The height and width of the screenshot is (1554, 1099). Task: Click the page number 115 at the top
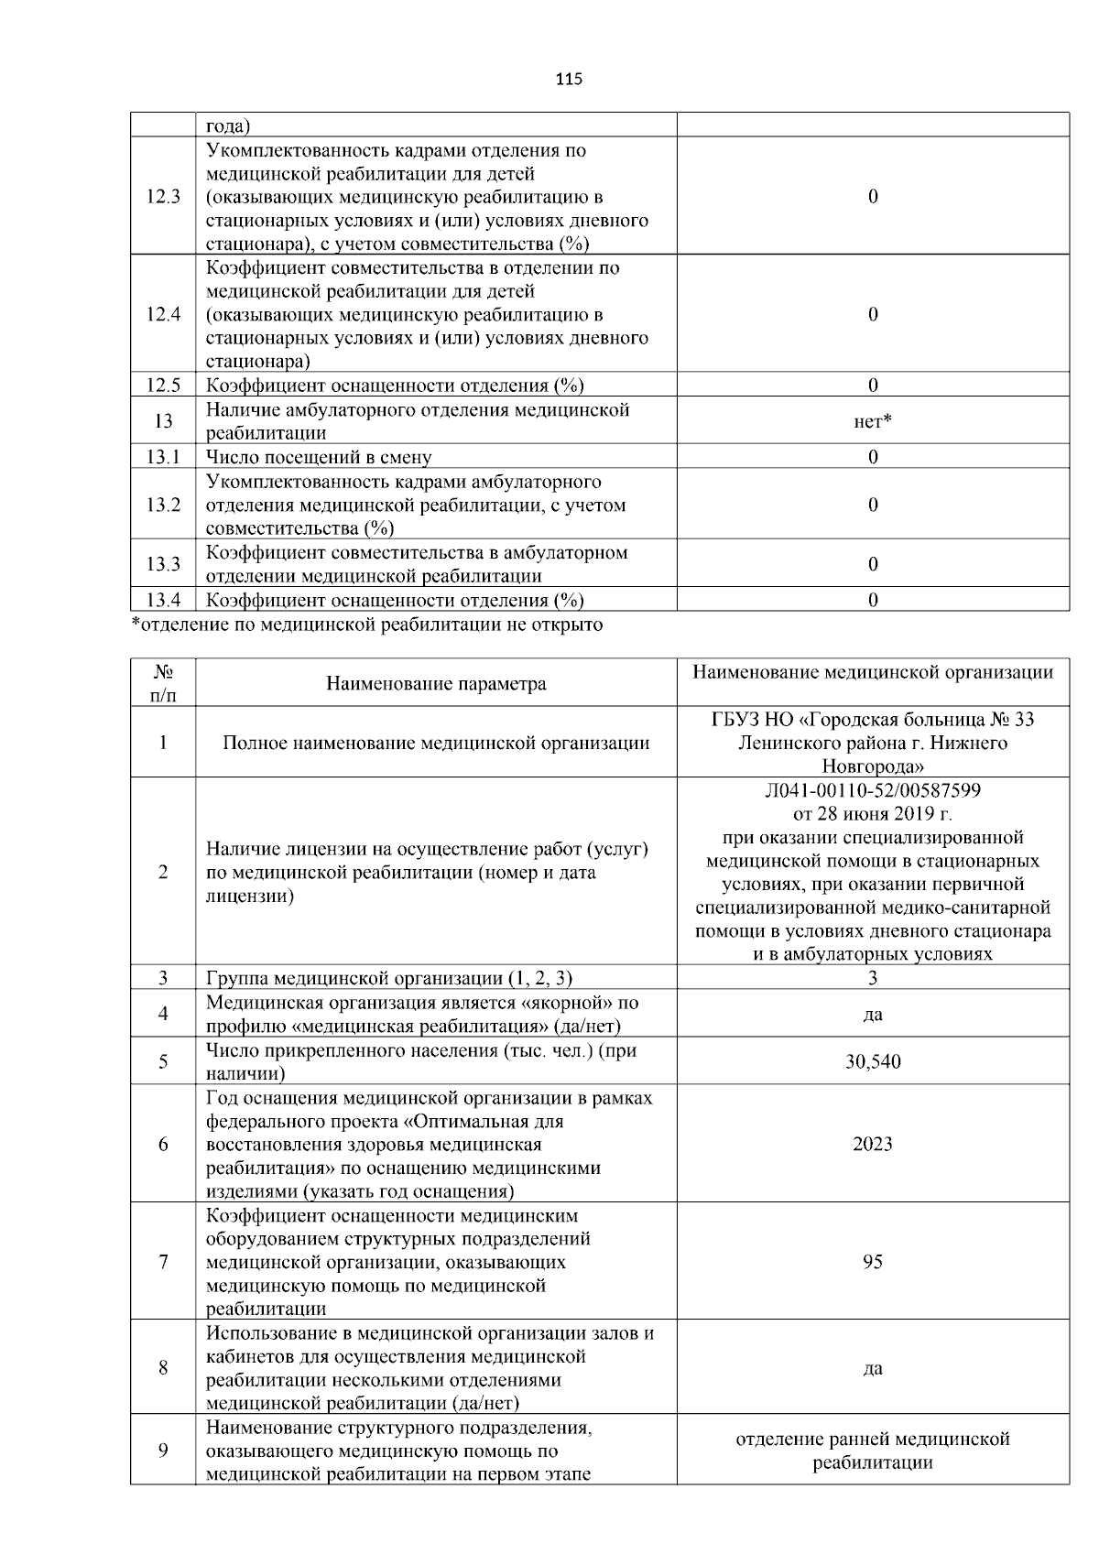(568, 80)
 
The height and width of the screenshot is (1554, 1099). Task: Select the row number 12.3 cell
(163, 197)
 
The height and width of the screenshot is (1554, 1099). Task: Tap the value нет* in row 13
(872, 421)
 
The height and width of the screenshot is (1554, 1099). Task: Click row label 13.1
(163, 457)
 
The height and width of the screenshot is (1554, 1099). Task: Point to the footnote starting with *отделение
(367, 625)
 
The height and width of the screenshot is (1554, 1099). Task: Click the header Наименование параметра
(436, 684)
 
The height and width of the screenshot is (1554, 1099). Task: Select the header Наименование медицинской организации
(872, 673)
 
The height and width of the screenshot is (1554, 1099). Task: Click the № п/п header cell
(163, 684)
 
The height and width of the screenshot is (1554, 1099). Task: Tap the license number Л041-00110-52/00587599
(872, 790)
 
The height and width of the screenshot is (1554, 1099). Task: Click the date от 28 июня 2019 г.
(872, 814)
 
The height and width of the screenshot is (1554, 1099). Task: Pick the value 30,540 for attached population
(872, 1062)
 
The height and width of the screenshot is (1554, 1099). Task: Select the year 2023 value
(872, 1145)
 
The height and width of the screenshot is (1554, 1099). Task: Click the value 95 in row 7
(872, 1262)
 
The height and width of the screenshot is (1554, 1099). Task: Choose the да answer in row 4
(872, 1015)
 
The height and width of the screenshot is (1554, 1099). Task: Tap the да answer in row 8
(872, 1368)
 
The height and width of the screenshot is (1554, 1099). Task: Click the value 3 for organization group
(872, 978)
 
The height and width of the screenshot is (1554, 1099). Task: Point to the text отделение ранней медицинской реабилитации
(872, 1451)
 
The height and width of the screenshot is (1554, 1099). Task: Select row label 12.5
(163, 386)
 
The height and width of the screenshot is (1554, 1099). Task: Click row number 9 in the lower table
(163, 1451)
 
